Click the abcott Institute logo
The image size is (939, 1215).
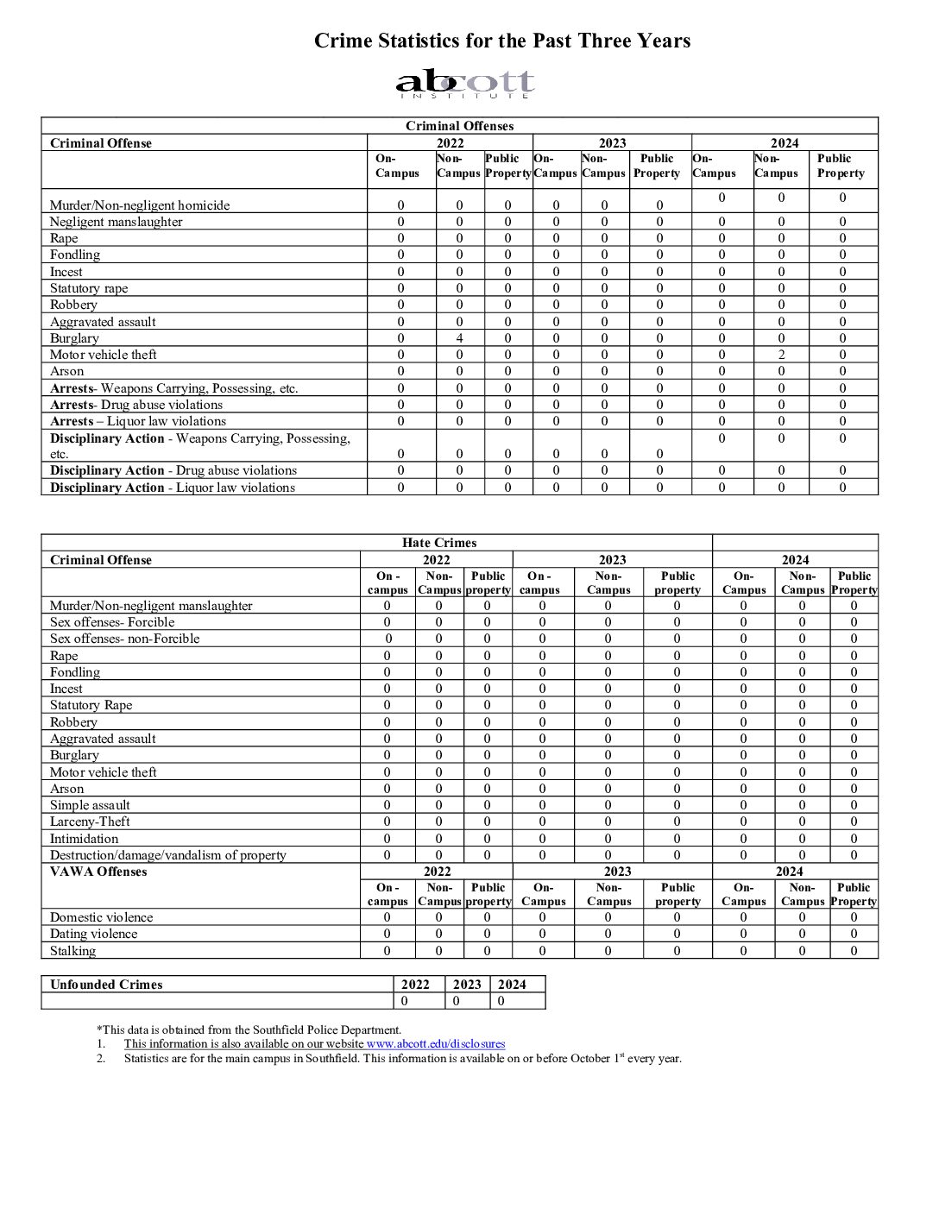(465, 84)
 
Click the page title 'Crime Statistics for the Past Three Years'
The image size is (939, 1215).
(501, 41)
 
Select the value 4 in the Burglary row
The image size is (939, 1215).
(460, 338)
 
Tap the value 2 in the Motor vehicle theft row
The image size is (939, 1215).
(781, 355)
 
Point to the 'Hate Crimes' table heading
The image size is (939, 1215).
(438, 543)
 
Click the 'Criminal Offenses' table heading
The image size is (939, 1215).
(459, 126)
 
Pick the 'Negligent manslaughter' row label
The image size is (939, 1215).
(116, 222)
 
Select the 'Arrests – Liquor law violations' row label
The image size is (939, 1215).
(138, 421)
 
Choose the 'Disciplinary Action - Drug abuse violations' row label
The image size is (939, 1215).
(173, 470)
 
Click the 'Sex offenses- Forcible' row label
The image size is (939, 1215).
(112, 622)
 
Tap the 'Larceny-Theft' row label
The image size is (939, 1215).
(90, 822)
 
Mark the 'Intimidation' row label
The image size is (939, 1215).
(84, 839)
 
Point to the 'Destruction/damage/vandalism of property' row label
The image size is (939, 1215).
(167, 855)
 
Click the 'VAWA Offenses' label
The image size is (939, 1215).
(98, 872)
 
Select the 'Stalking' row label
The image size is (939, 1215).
(72, 951)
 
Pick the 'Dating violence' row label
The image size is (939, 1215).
(93, 934)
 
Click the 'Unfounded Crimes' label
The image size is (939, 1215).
(106, 985)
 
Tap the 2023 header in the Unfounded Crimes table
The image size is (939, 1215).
(467, 985)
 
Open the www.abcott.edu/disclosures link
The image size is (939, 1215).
(436, 1044)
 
